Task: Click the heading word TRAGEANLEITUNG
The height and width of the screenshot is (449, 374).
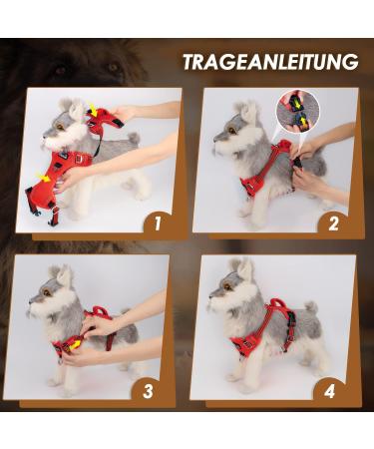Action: pos(269,62)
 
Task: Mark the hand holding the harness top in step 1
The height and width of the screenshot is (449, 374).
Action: pos(124,114)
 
